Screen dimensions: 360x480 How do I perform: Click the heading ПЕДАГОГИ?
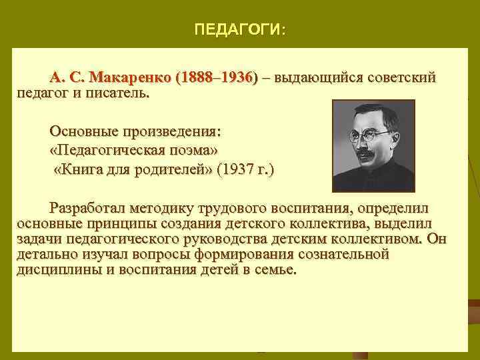click(239, 30)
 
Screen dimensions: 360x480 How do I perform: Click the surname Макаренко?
click(133, 78)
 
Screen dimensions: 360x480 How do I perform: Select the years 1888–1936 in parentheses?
click(215, 78)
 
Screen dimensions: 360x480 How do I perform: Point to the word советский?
click(401, 78)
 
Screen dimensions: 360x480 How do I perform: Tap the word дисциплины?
click(55, 271)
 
